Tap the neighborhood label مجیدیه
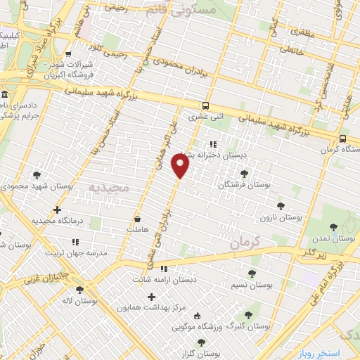pyautogui.click(x=108, y=188)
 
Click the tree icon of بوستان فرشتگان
pyautogui.click(x=244, y=174)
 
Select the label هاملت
pyautogui.click(x=134, y=229)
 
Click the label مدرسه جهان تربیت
pyautogui.click(x=76, y=252)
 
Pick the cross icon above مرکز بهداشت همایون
pyautogui.click(x=151, y=297)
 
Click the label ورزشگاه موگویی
pyautogui.click(x=204, y=327)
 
